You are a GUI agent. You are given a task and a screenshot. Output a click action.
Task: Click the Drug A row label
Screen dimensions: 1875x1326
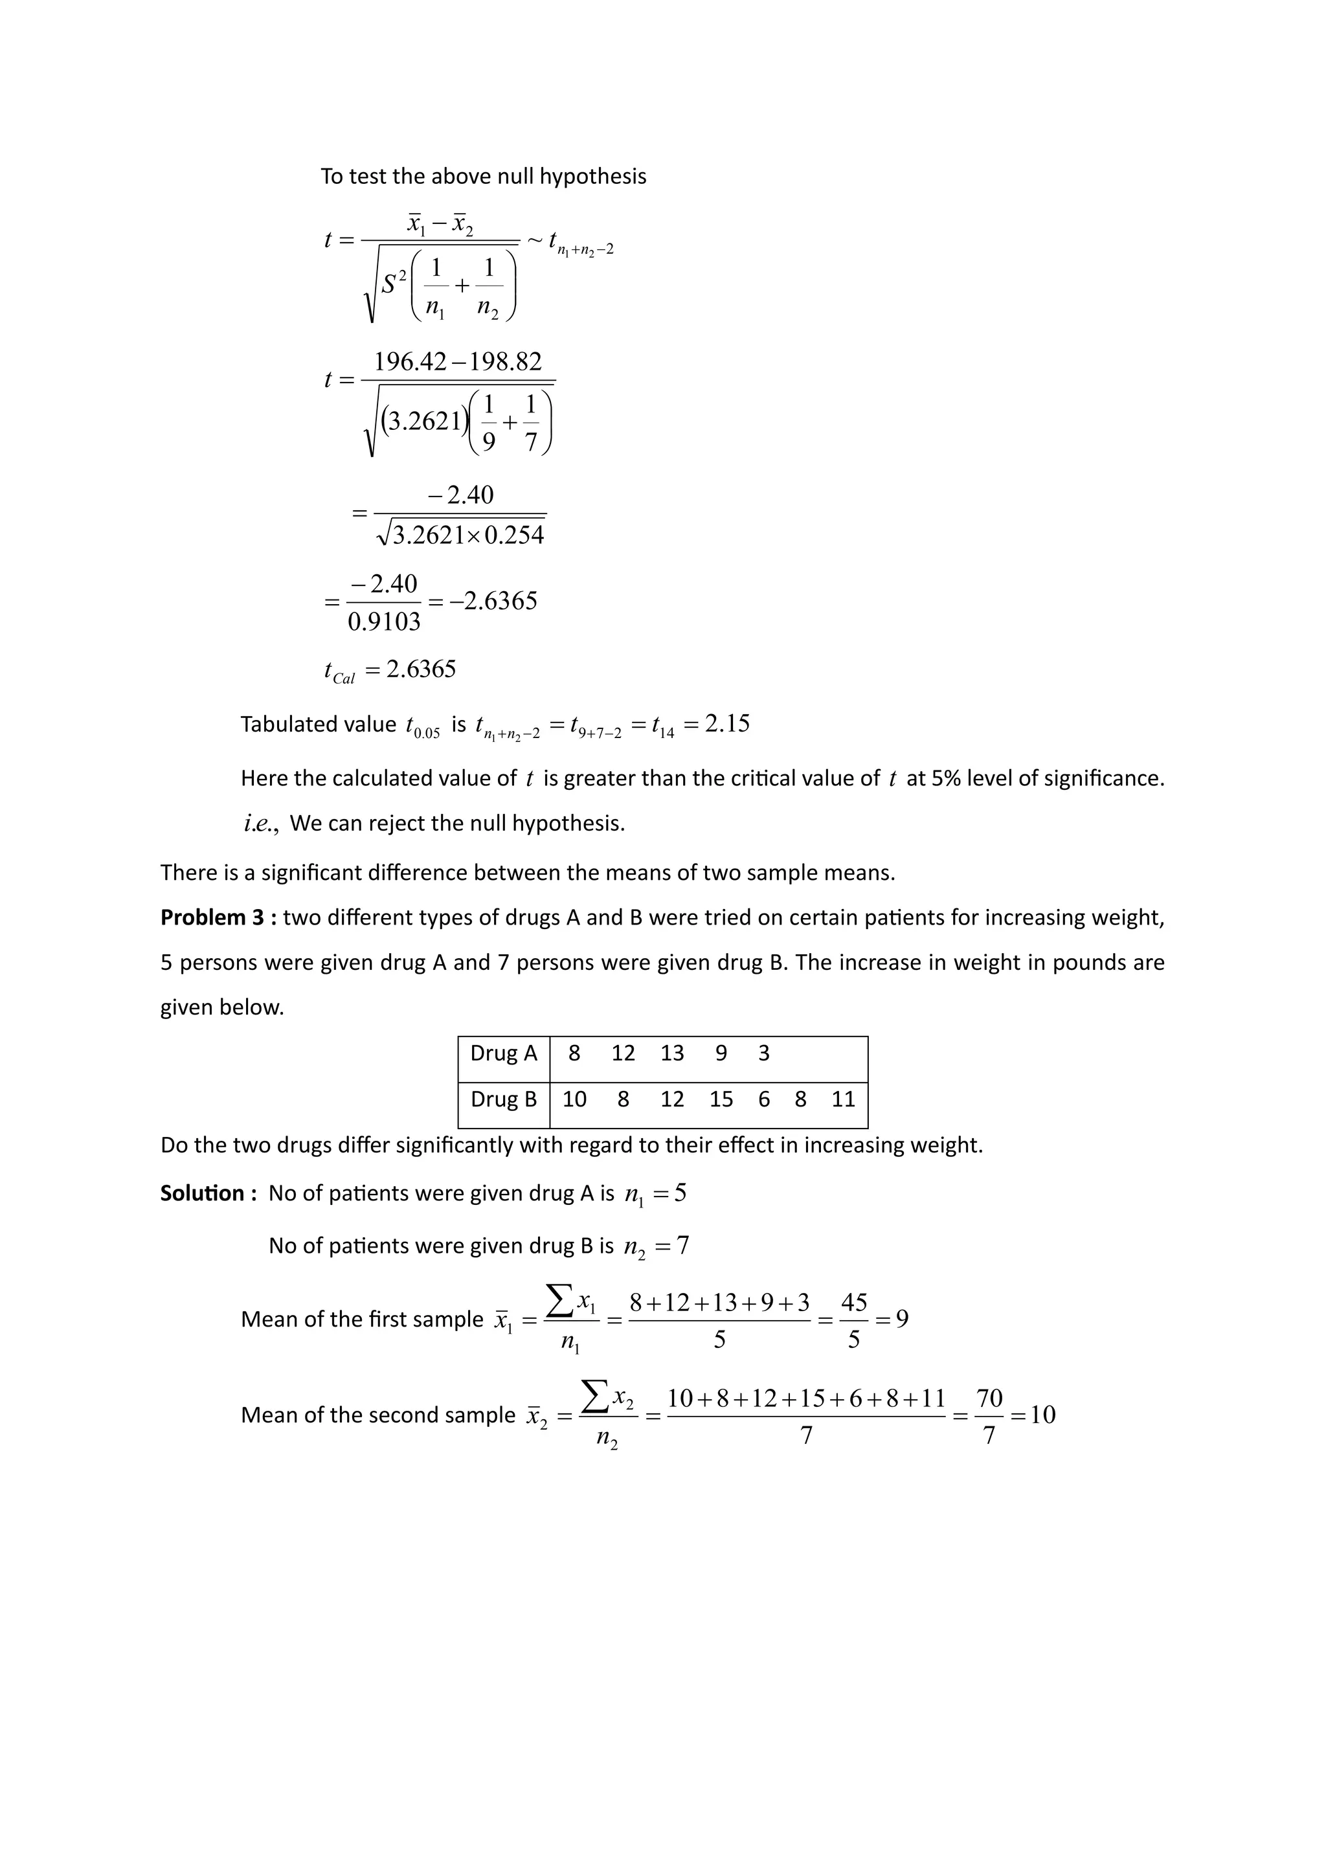[x=503, y=1053]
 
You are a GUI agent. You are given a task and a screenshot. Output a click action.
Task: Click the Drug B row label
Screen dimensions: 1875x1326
[x=503, y=1099]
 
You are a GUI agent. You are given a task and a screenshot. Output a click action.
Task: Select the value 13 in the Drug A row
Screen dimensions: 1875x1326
[x=672, y=1053]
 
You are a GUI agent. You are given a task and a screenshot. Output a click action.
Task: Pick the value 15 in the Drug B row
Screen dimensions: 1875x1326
[x=721, y=1099]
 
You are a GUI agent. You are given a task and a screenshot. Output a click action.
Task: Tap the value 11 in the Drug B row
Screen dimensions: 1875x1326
[x=842, y=1099]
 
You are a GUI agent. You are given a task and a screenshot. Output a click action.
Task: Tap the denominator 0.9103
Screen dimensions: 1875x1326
[x=384, y=622]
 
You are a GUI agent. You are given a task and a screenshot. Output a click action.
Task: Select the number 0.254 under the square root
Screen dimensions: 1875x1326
[x=513, y=535]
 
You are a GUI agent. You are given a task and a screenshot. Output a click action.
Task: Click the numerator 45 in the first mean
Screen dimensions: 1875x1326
[x=853, y=1302]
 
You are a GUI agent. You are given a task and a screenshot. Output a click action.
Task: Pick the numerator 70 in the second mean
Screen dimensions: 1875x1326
[x=989, y=1398]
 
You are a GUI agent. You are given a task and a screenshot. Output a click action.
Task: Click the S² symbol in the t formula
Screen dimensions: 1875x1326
[x=394, y=284]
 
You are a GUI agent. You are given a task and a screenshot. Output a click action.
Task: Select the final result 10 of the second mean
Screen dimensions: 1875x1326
[x=1042, y=1415]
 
